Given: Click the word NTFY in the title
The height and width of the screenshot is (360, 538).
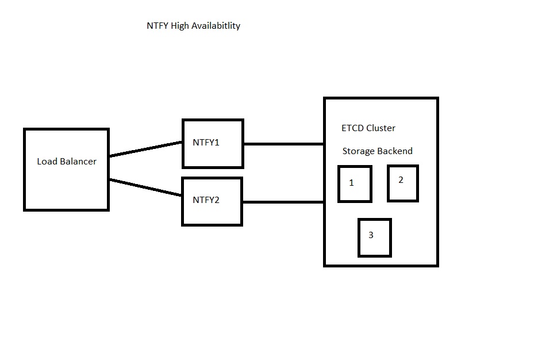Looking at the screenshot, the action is coord(157,26).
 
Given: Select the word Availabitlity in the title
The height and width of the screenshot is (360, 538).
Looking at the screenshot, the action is coord(216,26).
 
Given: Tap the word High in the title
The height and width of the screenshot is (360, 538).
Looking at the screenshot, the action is coord(180,26).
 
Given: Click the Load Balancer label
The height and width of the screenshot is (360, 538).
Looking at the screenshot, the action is coord(67,161).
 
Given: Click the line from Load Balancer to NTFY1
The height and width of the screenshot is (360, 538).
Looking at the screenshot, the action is coord(145,149).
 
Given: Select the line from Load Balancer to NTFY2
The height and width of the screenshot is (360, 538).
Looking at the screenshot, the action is coord(145,187).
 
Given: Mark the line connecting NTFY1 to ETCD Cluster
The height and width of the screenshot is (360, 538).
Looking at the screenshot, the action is coord(284,144).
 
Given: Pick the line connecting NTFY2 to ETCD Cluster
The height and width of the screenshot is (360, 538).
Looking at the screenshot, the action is coord(283,202).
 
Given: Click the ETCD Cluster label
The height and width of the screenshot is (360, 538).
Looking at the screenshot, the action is coord(368,128).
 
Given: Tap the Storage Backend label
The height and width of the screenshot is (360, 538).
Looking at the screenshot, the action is coord(378,151).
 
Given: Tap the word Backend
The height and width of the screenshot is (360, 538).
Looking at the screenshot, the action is coord(395,151).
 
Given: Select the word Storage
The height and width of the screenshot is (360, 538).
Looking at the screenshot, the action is coord(359,151).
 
